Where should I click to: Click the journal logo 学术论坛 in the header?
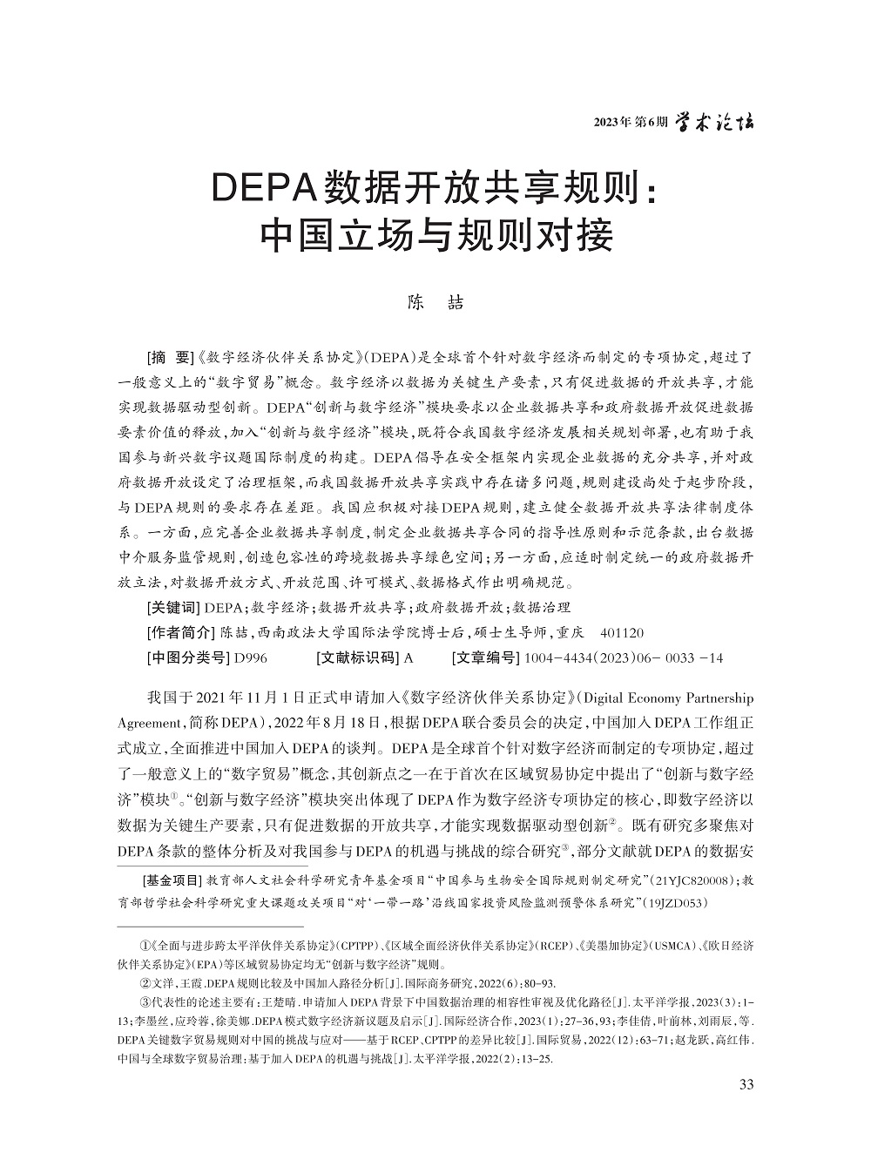(x=717, y=122)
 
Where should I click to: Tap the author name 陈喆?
(x=435, y=303)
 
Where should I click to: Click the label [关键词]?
(x=174, y=607)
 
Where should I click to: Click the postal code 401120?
(x=622, y=632)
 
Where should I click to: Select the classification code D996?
(x=252, y=657)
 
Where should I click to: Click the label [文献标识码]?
(x=358, y=657)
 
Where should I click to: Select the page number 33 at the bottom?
(x=745, y=1084)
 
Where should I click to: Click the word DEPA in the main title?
(x=263, y=185)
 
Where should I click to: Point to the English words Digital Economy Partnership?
(x=667, y=698)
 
